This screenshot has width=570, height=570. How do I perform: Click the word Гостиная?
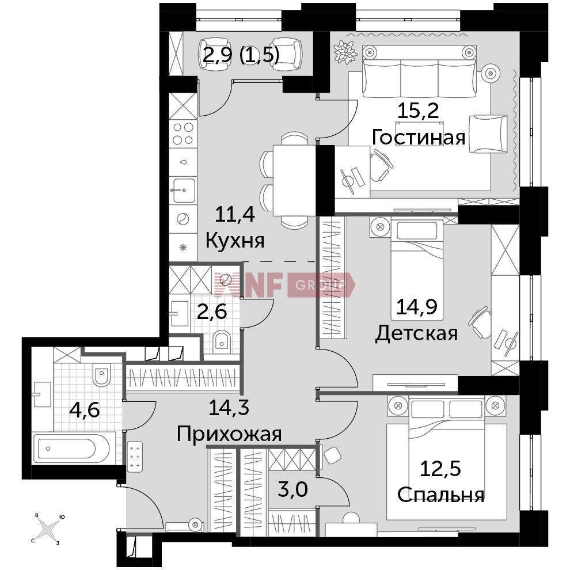tap(418, 137)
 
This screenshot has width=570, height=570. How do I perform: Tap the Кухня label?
tap(235, 240)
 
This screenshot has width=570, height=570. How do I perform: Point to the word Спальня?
tap(440, 494)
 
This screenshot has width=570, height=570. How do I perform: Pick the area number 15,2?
tap(418, 111)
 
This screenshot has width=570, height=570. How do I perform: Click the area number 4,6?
tap(84, 410)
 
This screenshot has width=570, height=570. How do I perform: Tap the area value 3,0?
tap(294, 490)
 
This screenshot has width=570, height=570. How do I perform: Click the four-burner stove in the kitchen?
tap(183, 134)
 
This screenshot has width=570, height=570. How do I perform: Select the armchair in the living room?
tap(488, 134)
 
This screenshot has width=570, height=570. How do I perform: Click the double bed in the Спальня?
tap(446, 458)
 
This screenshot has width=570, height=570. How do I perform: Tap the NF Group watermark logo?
tap(284, 284)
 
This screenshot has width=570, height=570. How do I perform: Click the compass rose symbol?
tap(47, 528)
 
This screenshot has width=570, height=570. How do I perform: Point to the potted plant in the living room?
tap(346, 51)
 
